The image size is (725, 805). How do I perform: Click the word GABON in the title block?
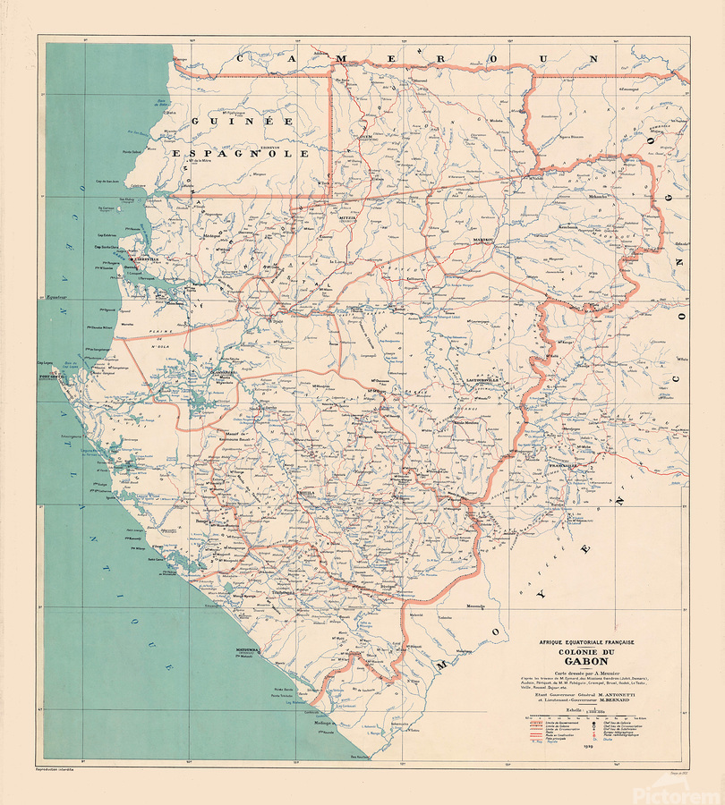click(582, 661)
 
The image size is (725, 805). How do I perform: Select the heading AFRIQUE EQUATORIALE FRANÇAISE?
click(582, 641)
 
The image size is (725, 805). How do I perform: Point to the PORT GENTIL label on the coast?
click(54, 377)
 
